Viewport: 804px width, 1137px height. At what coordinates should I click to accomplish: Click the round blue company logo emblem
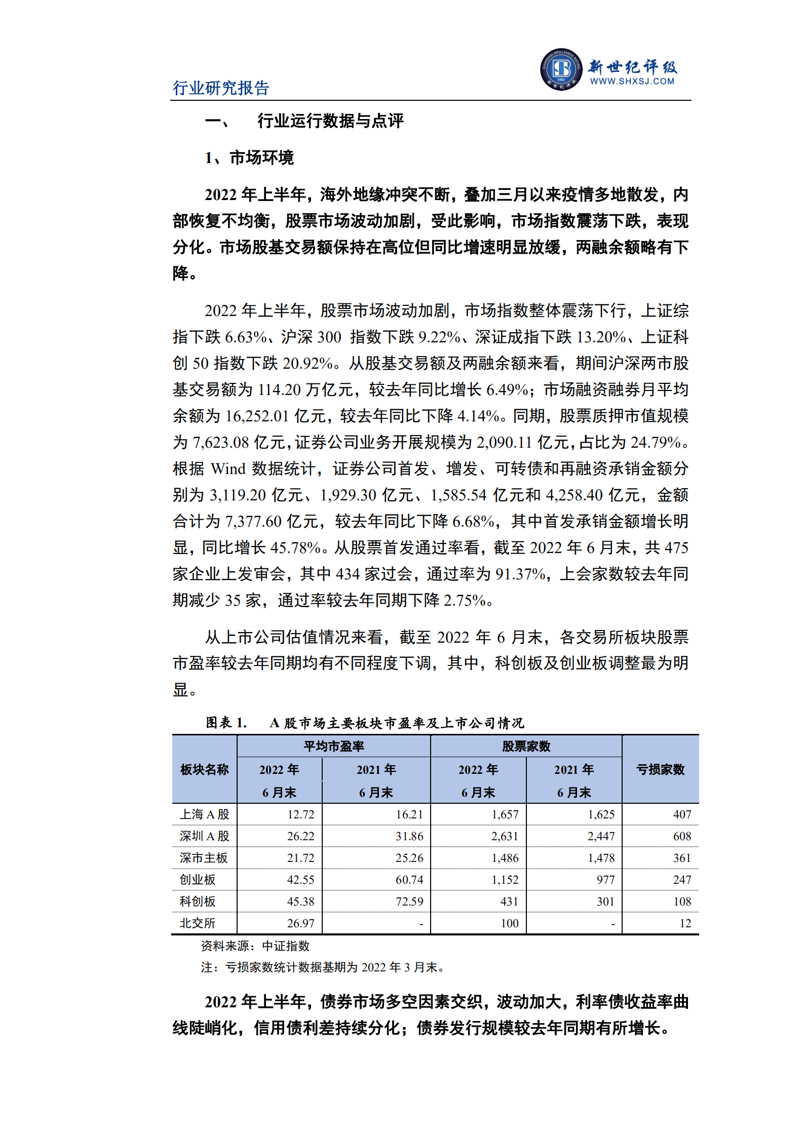(561, 69)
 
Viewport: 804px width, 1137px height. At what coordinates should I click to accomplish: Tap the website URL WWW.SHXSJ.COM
(632, 81)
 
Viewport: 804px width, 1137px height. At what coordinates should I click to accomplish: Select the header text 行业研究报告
(221, 88)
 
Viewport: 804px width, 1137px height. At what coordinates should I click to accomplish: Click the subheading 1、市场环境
(249, 158)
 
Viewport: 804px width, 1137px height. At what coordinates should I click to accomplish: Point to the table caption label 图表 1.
(226, 723)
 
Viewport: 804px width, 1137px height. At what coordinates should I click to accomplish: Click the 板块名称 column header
(205, 769)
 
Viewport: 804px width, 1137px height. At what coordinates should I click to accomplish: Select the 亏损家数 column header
(660, 769)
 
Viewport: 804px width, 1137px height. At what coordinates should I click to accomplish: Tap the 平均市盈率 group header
(334, 746)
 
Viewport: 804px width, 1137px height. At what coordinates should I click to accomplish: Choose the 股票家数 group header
(526, 746)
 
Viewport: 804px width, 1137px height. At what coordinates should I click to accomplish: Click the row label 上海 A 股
(205, 814)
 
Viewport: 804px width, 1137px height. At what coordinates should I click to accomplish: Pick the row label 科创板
(198, 901)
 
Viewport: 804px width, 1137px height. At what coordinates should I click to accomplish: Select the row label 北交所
(198, 923)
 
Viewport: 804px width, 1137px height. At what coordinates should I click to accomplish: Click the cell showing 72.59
(409, 901)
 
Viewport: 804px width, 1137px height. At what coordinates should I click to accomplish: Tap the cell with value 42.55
(300, 880)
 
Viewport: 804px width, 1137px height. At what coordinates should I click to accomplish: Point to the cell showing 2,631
(505, 836)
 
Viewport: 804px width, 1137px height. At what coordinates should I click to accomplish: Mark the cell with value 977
(605, 880)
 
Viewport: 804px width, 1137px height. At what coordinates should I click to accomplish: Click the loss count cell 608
(682, 836)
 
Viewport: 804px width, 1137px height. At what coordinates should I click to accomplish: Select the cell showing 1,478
(601, 858)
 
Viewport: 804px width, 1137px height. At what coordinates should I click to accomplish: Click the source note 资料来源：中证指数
(255, 946)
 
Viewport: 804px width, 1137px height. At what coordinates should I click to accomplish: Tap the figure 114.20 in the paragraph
(279, 389)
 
